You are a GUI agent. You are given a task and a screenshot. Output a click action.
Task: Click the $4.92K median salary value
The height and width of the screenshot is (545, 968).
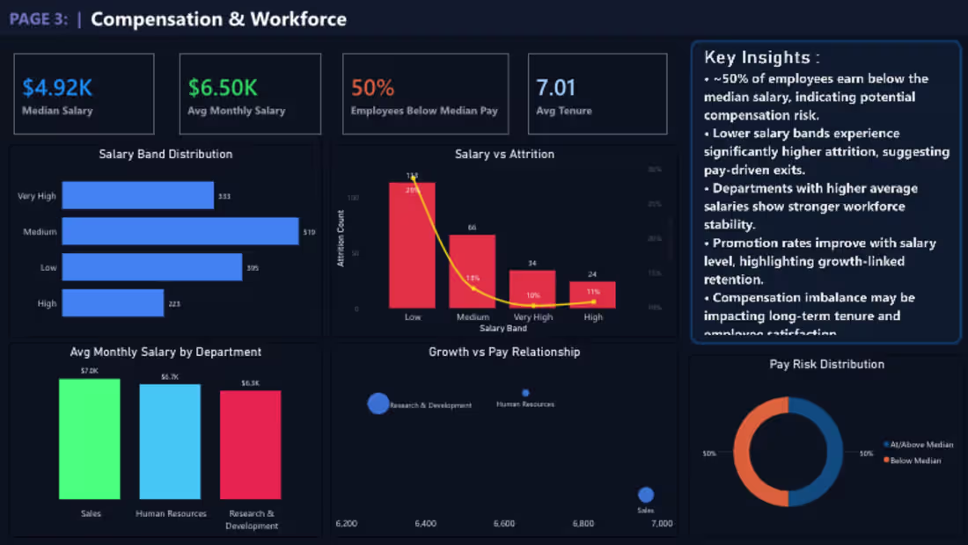click(x=57, y=88)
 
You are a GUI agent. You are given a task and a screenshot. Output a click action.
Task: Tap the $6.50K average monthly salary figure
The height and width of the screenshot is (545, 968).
click(x=223, y=88)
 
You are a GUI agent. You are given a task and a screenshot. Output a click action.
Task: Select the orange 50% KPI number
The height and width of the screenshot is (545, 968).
click(x=372, y=88)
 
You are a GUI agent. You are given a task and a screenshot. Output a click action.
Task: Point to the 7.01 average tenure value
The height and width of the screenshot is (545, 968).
click(x=555, y=88)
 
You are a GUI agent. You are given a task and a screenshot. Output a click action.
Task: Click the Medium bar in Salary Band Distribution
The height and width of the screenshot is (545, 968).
click(x=180, y=231)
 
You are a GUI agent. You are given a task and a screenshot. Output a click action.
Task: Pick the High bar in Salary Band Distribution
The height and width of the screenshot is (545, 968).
click(x=113, y=303)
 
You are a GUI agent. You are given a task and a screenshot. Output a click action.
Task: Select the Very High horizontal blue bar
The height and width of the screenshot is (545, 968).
click(x=138, y=196)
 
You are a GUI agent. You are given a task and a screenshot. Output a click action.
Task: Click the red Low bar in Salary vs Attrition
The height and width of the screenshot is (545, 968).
click(x=412, y=245)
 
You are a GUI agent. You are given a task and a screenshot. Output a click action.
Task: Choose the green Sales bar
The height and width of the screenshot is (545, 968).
click(x=90, y=440)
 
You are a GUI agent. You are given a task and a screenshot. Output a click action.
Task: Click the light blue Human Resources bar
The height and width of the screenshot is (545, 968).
click(x=170, y=441)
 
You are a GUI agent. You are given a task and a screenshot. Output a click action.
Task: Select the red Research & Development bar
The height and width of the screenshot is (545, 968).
click(x=251, y=445)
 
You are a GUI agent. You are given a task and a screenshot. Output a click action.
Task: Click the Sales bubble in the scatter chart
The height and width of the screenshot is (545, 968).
click(x=646, y=495)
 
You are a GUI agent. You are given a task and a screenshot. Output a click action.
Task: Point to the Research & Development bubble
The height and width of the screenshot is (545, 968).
click(x=378, y=403)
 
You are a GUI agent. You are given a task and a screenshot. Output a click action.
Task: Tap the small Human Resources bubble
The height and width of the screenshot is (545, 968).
click(x=525, y=393)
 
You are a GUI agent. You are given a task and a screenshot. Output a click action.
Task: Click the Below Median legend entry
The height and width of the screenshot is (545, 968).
click(x=915, y=461)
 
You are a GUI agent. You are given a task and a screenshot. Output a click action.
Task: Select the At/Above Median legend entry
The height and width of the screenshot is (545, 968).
click(x=919, y=445)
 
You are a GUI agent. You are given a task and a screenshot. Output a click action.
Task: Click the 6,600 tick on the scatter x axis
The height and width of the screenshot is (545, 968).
click(x=504, y=524)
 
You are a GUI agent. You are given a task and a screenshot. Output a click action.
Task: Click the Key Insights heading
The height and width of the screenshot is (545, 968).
click(x=762, y=58)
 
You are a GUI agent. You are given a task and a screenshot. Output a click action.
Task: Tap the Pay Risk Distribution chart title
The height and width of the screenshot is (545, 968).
click(x=827, y=364)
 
